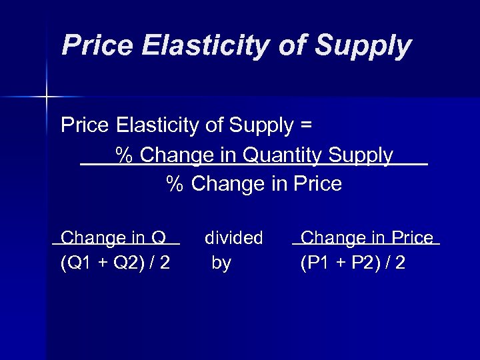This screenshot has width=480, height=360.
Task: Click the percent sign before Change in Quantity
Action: tap(123, 155)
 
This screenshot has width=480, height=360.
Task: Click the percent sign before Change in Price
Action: tap(174, 184)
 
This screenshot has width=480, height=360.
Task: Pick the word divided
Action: tap(233, 237)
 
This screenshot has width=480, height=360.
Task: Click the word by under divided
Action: tap(221, 263)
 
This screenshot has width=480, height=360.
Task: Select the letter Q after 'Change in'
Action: tap(158, 237)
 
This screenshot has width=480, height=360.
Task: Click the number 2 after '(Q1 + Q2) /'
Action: tap(163, 263)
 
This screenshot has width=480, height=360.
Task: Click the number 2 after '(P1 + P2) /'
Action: tap(399, 263)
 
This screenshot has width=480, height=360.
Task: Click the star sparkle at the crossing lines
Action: tap(47, 97)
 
